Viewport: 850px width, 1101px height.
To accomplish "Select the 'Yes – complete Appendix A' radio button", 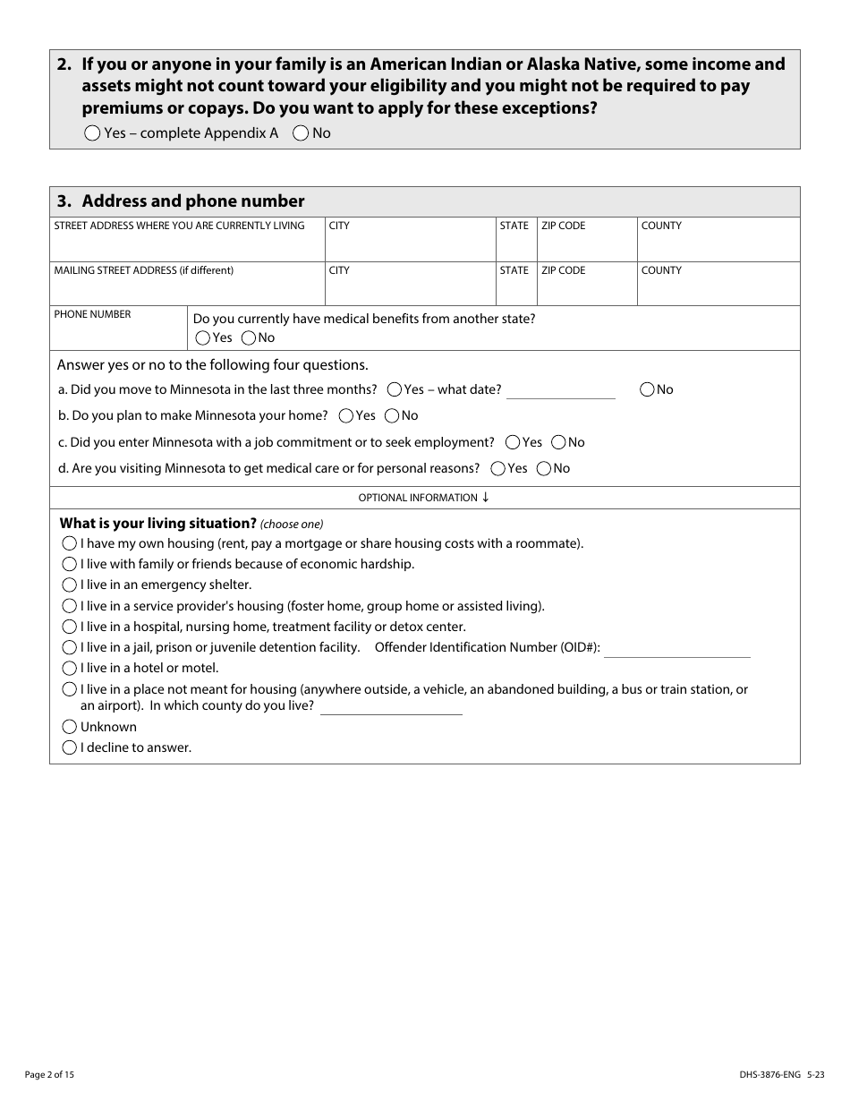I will (92, 133).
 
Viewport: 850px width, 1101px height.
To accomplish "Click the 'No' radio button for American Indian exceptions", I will (302, 133).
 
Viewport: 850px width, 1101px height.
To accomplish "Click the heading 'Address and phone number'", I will (193, 201).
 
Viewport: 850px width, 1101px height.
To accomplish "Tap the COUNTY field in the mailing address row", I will (718, 289).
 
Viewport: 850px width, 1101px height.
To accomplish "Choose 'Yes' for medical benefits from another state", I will (203, 338).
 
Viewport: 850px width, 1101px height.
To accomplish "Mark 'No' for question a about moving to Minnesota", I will (648, 389).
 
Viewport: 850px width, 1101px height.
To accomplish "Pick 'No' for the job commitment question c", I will (558, 442).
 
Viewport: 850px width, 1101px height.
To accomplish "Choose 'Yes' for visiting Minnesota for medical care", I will (497, 468).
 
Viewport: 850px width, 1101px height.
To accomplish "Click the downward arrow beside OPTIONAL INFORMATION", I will (486, 498).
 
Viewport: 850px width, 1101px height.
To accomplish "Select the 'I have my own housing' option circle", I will (70, 543).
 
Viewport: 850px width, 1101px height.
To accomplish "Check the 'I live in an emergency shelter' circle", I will (70, 585).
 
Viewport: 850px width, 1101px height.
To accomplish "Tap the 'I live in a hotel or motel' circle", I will (70, 669).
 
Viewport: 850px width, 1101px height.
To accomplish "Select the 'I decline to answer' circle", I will (70, 747).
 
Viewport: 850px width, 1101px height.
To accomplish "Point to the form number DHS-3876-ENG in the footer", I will (763, 1073).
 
